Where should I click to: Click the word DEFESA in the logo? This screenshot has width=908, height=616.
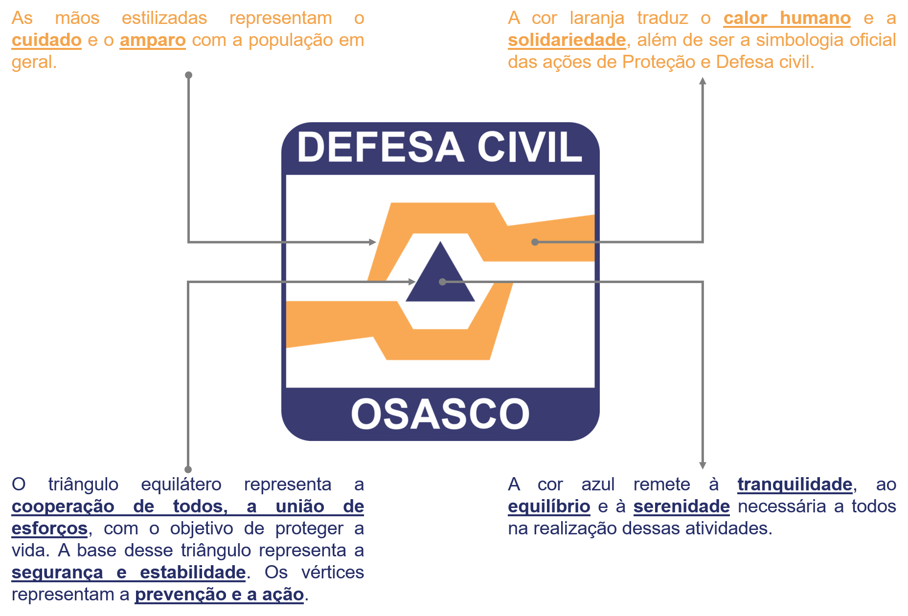pos(381,147)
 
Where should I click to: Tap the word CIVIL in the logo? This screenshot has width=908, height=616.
pos(530,147)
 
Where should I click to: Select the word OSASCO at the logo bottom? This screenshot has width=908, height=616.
pos(440,414)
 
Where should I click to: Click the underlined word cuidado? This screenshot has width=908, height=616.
pos(46,40)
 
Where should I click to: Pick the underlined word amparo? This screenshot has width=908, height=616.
pos(153,40)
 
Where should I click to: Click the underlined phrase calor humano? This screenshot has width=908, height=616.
pos(787,18)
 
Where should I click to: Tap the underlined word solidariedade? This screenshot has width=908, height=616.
pos(567,40)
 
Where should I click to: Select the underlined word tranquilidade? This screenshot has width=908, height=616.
pos(795,484)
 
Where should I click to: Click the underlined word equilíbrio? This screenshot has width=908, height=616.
pos(549,506)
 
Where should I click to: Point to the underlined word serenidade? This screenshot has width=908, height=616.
pos(681,506)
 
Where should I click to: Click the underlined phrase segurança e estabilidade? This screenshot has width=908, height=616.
pos(129,572)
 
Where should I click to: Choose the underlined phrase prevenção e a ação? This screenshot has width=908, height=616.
pos(220,594)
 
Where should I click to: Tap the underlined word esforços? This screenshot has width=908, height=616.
pos(49,528)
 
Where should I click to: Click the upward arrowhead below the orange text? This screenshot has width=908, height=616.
pos(703,81)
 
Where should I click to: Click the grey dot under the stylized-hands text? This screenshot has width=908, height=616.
pos(188,75)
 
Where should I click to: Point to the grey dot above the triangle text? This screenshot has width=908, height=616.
pos(188,469)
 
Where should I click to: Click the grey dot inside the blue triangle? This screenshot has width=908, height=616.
pos(442,282)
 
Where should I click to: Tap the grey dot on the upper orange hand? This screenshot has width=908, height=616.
pos(535,242)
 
